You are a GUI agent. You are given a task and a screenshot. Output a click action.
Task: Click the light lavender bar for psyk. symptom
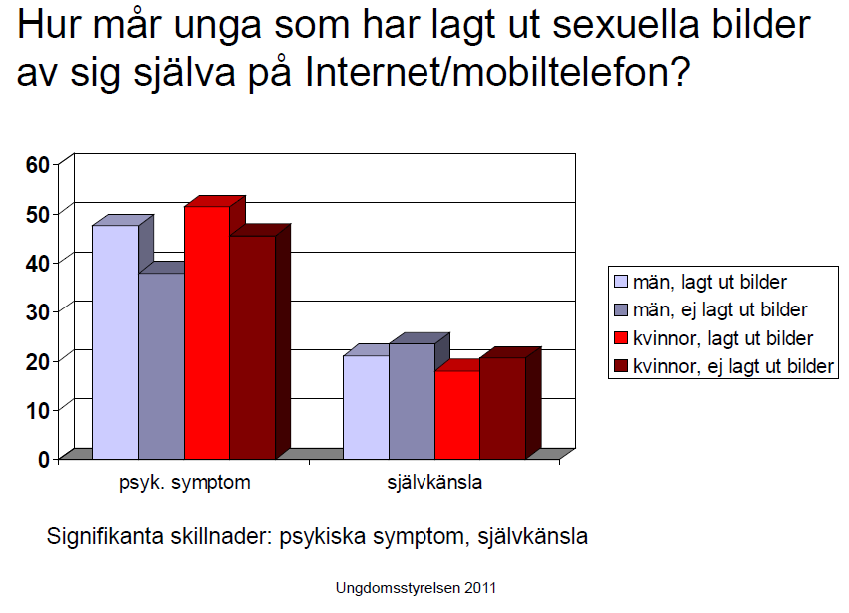pos(115,341)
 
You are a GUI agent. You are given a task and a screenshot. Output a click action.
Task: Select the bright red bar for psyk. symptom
pos(207,332)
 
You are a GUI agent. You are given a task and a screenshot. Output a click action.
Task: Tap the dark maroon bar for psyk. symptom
pos(253,347)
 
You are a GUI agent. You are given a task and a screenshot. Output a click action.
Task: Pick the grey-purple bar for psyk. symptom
pos(162,366)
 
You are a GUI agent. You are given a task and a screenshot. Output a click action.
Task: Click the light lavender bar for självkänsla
pos(367,408)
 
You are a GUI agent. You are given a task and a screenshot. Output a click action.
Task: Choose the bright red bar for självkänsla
pos(457,415)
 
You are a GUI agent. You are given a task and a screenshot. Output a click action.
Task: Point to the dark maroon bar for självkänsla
pos(503,408)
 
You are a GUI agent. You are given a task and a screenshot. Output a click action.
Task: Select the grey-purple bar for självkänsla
pos(413,401)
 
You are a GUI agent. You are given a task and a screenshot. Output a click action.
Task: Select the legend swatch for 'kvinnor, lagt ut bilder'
pos(621,338)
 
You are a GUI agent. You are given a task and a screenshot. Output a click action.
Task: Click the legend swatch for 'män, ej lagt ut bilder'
pos(621,310)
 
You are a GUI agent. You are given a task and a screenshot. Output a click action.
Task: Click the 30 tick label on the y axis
pos(37,311)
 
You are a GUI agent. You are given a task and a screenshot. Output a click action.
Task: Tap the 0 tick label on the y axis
pos(44,460)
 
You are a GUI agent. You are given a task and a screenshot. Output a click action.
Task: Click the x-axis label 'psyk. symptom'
pos(185,482)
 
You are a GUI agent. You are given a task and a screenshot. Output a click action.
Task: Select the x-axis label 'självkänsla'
pos(434,482)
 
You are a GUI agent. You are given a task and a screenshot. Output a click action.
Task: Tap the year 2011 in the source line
pos(480,588)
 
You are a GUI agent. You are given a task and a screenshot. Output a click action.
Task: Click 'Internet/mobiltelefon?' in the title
pos(497,72)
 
